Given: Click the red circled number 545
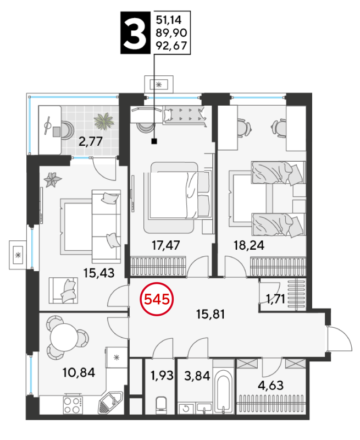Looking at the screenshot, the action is coord(157,299).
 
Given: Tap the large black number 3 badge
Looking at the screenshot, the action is coord(135,32).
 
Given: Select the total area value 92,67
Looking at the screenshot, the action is coord(171,46).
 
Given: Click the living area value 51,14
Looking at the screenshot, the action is coord(169,20).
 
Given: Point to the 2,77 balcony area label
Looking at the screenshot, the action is coord(90,141).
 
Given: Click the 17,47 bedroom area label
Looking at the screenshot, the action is coord(165,245).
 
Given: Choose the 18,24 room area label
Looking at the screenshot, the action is coord(249,245).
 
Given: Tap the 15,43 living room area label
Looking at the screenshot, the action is coord(99,273).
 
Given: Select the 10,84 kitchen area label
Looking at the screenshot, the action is coord(79,373).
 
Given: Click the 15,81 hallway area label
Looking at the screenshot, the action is coord(211,314).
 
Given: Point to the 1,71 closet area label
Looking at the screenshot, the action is coord(275,299).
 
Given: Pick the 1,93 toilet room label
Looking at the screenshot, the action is coord(162,375).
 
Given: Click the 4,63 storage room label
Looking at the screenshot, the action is coord(270,386).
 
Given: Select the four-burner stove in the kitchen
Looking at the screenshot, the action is coord(73,405).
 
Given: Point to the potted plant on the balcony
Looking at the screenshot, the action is coord(104,121).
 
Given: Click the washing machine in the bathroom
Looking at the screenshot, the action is coord(186,408).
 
